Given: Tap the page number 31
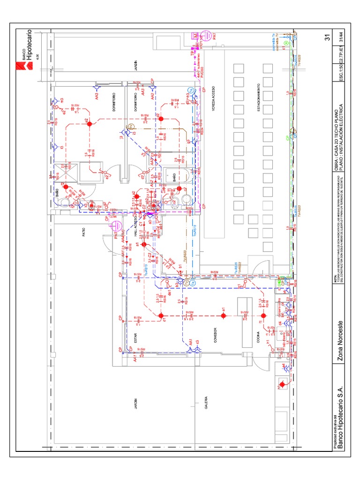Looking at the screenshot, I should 328,38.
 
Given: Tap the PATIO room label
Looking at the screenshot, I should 84,232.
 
